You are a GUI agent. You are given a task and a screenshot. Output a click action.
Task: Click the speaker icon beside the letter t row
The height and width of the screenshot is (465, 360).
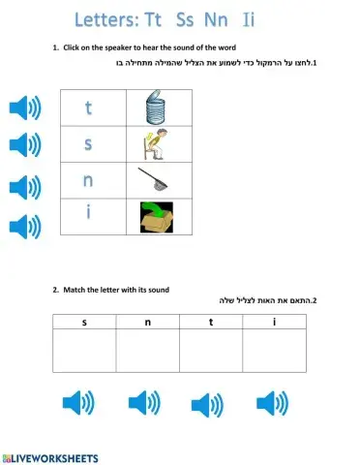24,108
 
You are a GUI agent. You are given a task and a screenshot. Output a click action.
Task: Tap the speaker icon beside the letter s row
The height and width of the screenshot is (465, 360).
24,145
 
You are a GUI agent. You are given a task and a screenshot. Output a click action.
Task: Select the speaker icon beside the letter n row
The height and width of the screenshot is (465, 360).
24,186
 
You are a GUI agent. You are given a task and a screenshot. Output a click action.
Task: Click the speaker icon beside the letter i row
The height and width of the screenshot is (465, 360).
24,227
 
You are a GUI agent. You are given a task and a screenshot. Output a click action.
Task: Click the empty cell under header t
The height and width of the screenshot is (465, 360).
210,351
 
